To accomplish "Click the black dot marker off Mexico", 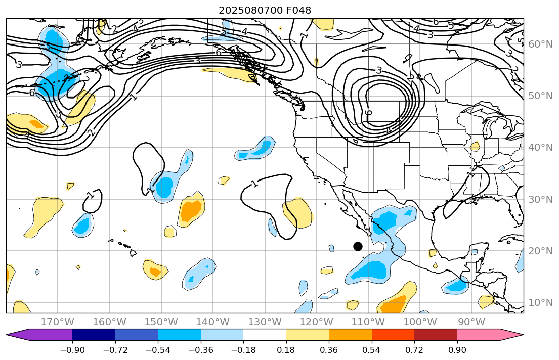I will coord(358,246).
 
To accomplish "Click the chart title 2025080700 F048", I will coord(265,10).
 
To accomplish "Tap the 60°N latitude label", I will coord(540,44).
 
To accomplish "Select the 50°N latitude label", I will coord(540,96).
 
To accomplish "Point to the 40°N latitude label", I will coord(540,148).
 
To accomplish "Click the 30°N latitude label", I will coord(540,199).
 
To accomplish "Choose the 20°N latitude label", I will coord(540,251).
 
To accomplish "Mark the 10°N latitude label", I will coord(540,303).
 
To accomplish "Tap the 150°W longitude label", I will coord(161,322).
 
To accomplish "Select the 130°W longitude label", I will coord(265,322).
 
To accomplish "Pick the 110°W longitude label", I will coord(368,322).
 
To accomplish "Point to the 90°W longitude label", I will coord(471,322).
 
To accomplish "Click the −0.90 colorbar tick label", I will coord(72,350).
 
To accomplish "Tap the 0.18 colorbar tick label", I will coord(286,350).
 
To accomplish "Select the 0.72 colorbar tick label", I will coord(414,350).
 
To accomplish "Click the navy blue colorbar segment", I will coord(94,335).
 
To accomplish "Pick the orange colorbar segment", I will coord(350,335).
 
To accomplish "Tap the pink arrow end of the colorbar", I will coord(511,335).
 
